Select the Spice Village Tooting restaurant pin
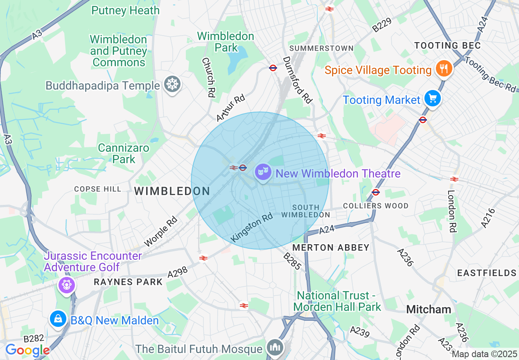pyautogui.click(x=443, y=68)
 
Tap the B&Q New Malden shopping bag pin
pyautogui.click(x=58, y=319)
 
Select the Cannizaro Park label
pyautogui.click(x=124, y=153)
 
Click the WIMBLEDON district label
pyautogui.click(x=172, y=191)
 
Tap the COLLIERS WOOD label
pyautogui.click(x=376, y=206)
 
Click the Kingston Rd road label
pyautogui.click(x=252, y=227)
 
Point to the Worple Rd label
pyautogui.click(x=160, y=232)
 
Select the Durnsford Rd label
pyautogui.click(x=297, y=80)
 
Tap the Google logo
pyautogui.click(x=27, y=350)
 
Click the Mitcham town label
pyautogui.click(x=429, y=309)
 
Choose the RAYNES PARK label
pyautogui.click(x=128, y=282)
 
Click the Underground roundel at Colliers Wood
pyautogui.click(x=376, y=192)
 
